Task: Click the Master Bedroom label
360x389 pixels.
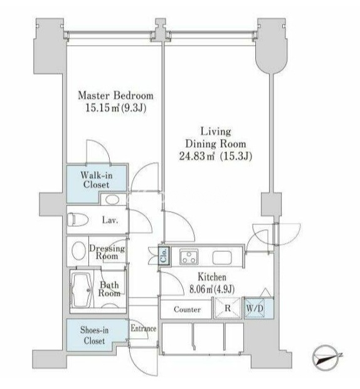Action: pyautogui.click(x=115, y=95)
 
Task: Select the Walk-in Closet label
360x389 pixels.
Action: pyautogui.click(x=97, y=180)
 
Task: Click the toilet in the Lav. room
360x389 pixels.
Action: pyautogui.click(x=78, y=220)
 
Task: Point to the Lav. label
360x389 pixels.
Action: pyautogui.click(x=110, y=220)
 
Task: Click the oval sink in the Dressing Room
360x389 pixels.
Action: pyautogui.click(x=79, y=250)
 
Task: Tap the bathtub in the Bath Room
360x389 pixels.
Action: pyautogui.click(x=82, y=290)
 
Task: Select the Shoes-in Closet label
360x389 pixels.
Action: pyautogui.click(x=94, y=335)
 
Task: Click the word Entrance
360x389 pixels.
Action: pyautogui.click(x=144, y=328)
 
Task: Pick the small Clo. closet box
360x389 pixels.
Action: pyautogui.click(x=164, y=256)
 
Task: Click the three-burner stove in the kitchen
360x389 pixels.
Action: pyautogui.click(x=189, y=257)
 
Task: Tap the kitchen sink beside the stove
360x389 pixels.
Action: pyautogui.click(x=222, y=257)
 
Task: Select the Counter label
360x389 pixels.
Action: pyautogui.click(x=188, y=309)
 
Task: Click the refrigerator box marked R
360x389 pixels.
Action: pyautogui.click(x=228, y=308)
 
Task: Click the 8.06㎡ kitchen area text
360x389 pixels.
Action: pyautogui.click(x=212, y=289)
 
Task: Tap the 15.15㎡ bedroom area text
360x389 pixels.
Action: pyautogui.click(x=115, y=108)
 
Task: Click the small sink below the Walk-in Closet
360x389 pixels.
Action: pyautogui.click(x=113, y=200)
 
